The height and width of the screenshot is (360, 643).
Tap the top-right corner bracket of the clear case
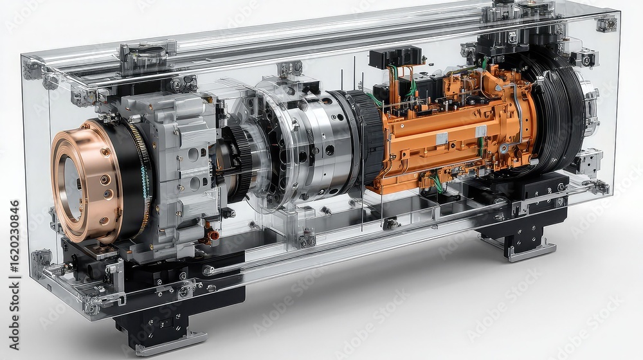point(606,24)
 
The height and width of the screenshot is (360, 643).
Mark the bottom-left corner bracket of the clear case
point(42,261)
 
